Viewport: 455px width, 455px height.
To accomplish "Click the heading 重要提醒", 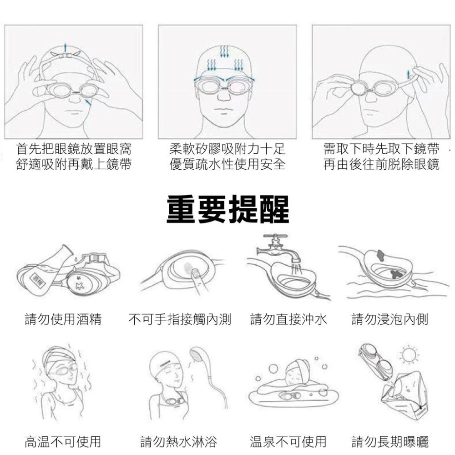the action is point(228,209).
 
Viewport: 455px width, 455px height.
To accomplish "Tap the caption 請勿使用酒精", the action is point(63,319).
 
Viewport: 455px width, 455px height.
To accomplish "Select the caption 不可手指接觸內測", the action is point(180,319).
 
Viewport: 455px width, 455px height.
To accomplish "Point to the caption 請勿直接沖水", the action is point(288,319).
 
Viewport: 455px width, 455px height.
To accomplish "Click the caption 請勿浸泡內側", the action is point(390,319).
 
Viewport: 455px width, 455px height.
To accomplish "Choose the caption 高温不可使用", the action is point(63,441).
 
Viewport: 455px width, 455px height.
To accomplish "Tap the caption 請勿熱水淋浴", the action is point(178,441).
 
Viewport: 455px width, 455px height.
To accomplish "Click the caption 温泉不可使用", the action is point(288,441).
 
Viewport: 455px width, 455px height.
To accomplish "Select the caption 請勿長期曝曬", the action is point(390,441).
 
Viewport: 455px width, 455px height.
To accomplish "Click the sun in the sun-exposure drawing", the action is point(409,354).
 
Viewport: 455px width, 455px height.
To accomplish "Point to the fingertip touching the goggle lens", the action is point(194,271).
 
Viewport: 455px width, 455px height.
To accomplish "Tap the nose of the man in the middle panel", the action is point(224,96).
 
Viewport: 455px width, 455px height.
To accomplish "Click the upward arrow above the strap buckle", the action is point(66,47).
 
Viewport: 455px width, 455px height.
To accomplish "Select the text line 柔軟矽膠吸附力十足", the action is point(227,149).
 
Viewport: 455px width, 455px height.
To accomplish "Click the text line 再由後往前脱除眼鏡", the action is point(381,164).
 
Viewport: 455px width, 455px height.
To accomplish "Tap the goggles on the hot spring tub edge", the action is point(289,395).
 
